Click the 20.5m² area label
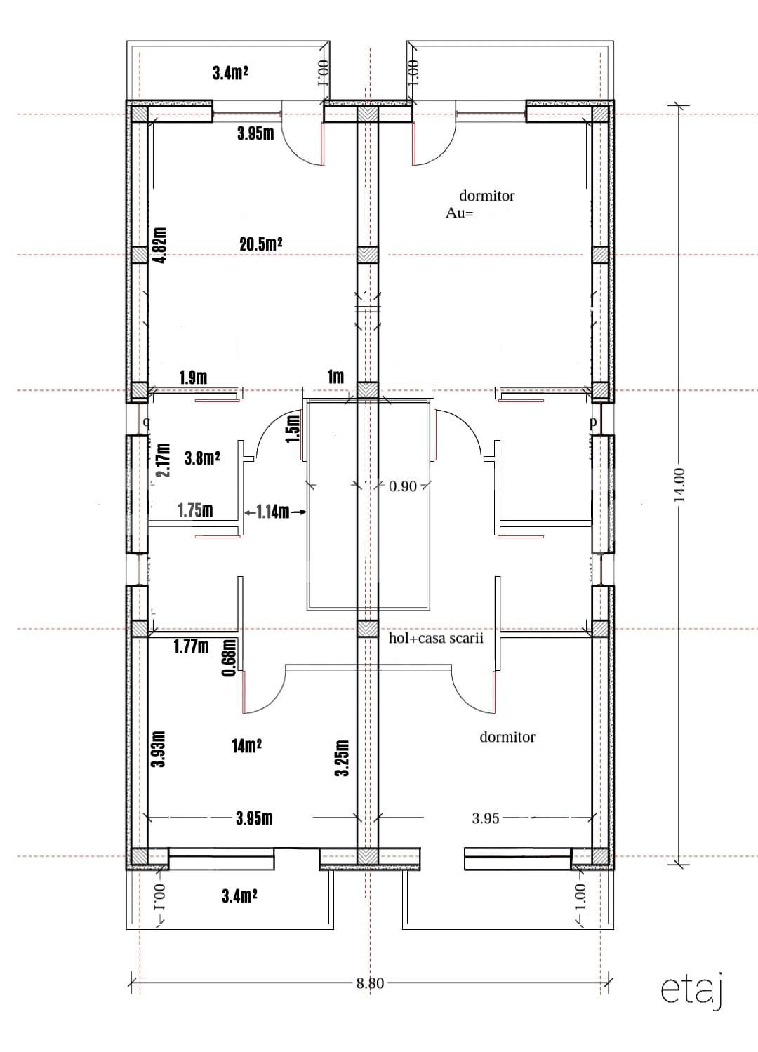pyautogui.click(x=260, y=244)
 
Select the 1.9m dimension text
pyautogui.click(x=193, y=378)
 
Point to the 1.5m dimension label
pyautogui.click(x=293, y=427)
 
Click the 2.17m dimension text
pyautogui.click(x=163, y=460)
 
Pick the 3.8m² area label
pyautogui.click(x=202, y=458)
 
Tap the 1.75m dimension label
pyautogui.click(x=195, y=510)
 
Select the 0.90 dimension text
pyautogui.click(x=403, y=486)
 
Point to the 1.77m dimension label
pyautogui.click(x=191, y=646)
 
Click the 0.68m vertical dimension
pyautogui.click(x=228, y=658)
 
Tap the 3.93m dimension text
pyautogui.click(x=159, y=750)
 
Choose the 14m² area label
pyautogui.click(x=247, y=745)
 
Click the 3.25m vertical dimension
pyautogui.click(x=342, y=759)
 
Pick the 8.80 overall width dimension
pyautogui.click(x=370, y=983)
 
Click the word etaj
pyautogui.click(x=691, y=990)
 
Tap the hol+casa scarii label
pyautogui.click(x=436, y=639)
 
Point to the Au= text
pyautogui.click(x=460, y=213)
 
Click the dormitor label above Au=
pyautogui.click(x=486, y=196)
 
